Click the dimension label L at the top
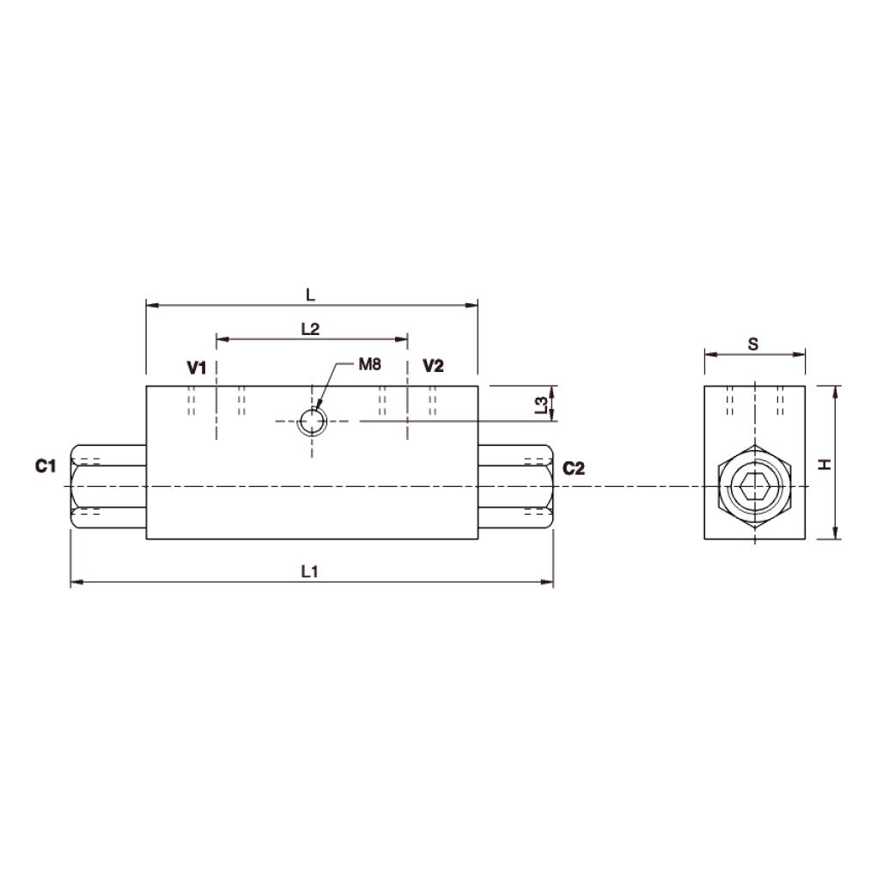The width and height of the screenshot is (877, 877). click(311, 294)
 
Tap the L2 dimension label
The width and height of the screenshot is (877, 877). click(310, 329)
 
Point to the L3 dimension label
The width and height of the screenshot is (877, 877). click(540, 405)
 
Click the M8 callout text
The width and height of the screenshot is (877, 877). click(368, 365)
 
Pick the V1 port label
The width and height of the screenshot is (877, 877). click(197, 368)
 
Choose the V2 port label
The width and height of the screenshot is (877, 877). click(433, 367)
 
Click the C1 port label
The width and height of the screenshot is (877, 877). click(46, 466)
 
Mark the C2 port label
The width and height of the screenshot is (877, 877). click(573, 468)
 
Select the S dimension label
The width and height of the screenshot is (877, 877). click(753, 344)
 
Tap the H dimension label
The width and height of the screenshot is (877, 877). click(825, 464)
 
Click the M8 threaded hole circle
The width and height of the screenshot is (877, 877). click(311, 422)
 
